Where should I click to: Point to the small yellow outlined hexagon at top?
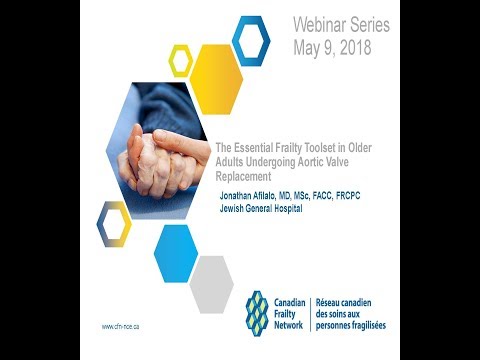pos(181,61)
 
